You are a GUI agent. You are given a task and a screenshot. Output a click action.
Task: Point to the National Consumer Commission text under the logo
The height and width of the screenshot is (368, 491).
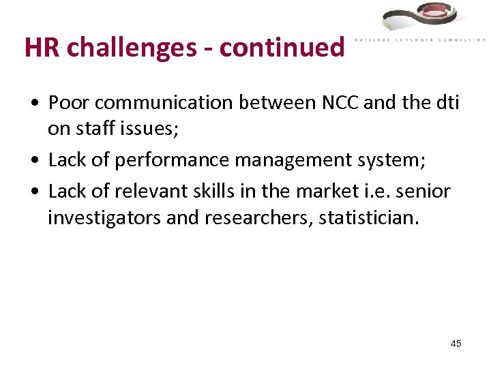click(x=420, y=40)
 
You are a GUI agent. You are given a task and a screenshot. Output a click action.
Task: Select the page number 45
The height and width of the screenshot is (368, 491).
click(x=456, y=343)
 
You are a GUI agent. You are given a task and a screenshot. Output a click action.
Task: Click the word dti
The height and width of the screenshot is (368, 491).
click(x=446, y=103)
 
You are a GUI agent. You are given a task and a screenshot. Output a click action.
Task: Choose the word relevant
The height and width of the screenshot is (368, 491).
click(x=148, y=191)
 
